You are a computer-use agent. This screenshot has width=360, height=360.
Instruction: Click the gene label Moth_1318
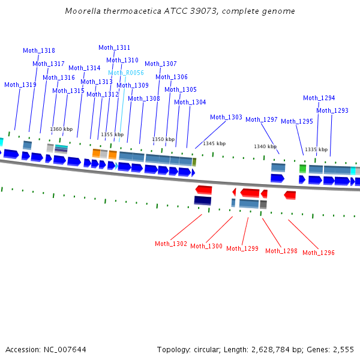point(39,51)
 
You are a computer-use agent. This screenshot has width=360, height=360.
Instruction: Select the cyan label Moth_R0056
point(126,73)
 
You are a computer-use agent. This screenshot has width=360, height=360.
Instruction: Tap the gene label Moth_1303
point(226,118)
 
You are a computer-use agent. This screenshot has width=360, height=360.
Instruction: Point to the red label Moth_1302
point(171,244)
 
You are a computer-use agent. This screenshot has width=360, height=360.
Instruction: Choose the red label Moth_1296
point(319,253)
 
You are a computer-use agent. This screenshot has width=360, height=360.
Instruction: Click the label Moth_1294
point(319,98)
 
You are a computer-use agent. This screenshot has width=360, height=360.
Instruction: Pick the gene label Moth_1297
point(262,120)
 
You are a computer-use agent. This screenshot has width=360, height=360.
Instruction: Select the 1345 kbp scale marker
point(214,144)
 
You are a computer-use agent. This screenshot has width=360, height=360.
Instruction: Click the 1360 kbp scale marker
point(61,129)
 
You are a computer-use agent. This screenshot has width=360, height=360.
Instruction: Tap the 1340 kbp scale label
point(265,146)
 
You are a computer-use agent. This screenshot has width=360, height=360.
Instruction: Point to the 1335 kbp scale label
point(316,149)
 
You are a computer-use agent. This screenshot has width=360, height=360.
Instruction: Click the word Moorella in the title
point(81,11)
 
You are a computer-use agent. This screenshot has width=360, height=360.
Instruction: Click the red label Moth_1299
point(242,248)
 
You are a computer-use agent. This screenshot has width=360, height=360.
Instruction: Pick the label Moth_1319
point(20,85)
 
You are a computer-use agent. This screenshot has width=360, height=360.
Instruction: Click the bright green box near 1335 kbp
point(303,169)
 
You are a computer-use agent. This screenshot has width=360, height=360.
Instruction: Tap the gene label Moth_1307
point(161,64)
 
